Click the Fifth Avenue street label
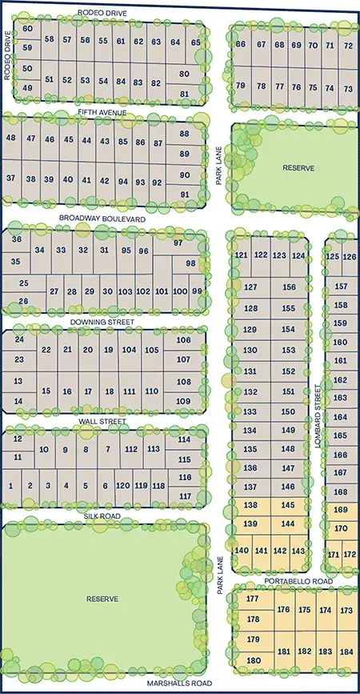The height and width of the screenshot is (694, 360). click(102, 113)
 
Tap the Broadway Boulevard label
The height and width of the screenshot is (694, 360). click(102, 218)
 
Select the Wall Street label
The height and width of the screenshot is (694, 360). click(102, 421)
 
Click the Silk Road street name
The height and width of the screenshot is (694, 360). click(102, 516)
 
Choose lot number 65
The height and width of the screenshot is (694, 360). click(196, 42)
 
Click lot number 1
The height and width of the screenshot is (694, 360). click(11, 486)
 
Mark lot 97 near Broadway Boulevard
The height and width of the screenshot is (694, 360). click(178, 243)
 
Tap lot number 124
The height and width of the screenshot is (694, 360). click(298, 255)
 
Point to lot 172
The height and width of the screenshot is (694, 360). click(350, 555)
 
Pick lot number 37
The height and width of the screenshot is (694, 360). click(11, 178)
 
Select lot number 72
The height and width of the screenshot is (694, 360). click(348, 46)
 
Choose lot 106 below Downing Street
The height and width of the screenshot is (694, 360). click(183, 340)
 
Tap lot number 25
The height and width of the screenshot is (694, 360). click(24, 283)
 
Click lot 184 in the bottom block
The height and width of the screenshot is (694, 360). click(346, 652)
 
